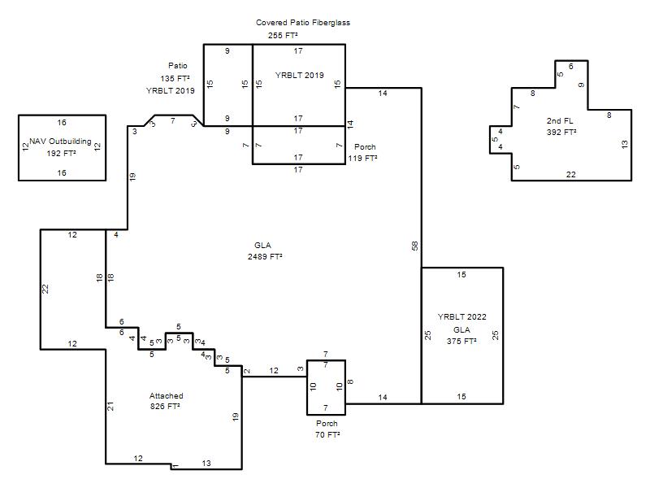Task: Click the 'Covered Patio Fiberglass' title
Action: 303,23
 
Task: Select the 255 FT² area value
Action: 283,35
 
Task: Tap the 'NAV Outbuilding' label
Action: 60,141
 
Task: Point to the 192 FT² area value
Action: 62,153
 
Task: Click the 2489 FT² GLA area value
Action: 266,256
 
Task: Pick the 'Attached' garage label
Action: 167,395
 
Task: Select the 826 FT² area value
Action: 165,406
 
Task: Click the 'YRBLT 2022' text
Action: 461,316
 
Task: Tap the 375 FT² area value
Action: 461,341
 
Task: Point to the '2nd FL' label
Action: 560,120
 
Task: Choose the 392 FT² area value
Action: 561,132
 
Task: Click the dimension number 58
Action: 415,246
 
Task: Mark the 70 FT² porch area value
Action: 327,434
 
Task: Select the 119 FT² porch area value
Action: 362,158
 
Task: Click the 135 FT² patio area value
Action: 175,78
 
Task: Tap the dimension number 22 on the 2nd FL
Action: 571,174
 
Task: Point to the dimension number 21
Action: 110,406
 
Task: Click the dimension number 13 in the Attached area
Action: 206,463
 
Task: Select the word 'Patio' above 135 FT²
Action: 178,66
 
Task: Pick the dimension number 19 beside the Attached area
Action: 236,416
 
